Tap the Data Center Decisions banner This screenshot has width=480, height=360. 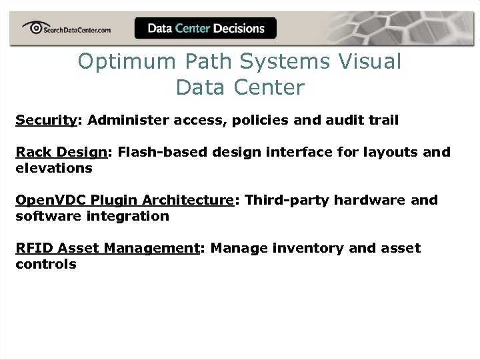click(205, 29)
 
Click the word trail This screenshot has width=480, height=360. click(383, 120)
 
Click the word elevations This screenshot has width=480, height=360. click(54, 168)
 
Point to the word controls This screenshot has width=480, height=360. click(46, 264)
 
